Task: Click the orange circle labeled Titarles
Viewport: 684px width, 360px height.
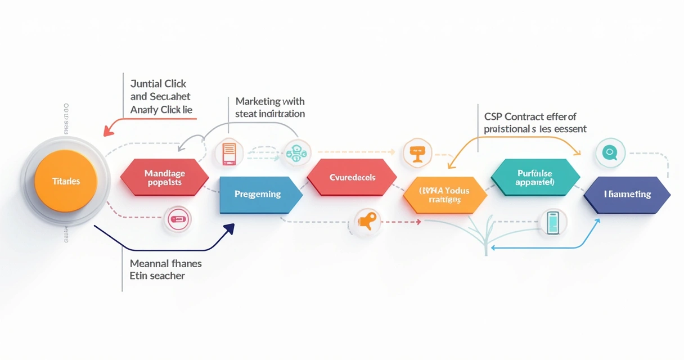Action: [66, 181]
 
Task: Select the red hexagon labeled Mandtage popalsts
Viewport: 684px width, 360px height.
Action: [164, 177]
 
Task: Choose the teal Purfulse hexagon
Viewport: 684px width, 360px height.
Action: [535, 177]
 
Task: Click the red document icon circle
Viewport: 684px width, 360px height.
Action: [229, 152]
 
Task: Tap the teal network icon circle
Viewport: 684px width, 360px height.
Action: [297, 152]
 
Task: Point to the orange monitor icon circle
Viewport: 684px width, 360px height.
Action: [417, 152]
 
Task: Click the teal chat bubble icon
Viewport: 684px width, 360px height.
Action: [610, 152]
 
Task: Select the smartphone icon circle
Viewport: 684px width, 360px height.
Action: [553, 222]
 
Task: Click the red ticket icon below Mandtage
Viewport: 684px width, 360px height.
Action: [177, 219]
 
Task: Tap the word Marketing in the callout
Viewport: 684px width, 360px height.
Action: [258, 101]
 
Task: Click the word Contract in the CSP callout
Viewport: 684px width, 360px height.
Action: [525, 117]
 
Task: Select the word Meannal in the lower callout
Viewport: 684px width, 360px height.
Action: [148, 263]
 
